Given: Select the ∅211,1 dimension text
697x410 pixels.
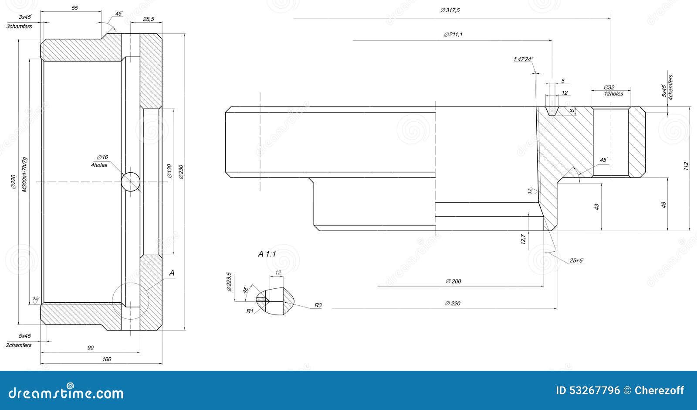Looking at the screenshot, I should point(453,34).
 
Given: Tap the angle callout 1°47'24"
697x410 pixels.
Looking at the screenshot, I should point(524,59).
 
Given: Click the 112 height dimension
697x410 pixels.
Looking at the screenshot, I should point(686,166).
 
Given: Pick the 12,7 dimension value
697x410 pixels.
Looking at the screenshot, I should point(523,239).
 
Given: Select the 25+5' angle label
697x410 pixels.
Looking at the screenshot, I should point(576,261).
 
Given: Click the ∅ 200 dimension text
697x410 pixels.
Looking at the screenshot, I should point(453,281).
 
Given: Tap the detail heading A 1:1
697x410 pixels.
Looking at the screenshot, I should point(267,254).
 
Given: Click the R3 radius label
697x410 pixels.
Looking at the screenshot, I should point(318,305).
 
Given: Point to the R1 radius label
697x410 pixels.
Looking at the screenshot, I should point(250,311).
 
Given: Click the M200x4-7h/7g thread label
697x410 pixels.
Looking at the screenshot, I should point(25,174).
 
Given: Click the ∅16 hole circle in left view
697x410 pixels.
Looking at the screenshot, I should point(130,181).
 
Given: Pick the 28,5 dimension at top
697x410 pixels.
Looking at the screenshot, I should point(149,19).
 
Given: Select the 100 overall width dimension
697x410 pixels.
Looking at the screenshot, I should point(106,359).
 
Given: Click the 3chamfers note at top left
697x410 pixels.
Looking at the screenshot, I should point(19,27).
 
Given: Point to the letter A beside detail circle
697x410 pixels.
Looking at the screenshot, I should point(172,273).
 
